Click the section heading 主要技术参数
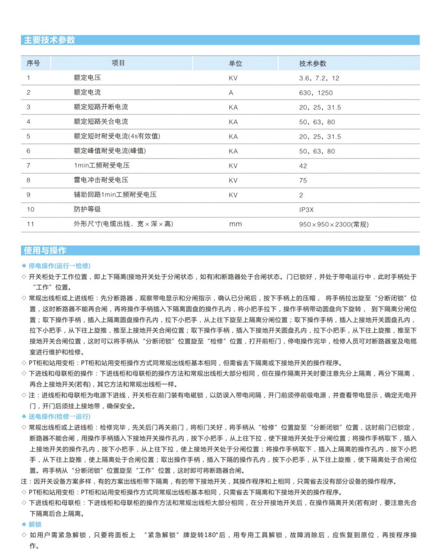(x=49, y=40)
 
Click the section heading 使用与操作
(x=45, y=250)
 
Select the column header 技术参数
(x=312, y=63)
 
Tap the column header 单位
(x=235, y=63)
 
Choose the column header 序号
(x=33, y=63)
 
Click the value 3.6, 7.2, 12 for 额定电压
(x=319, y=78)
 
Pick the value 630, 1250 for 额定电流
(x=316, y=93)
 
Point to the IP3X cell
(x=306, y=209)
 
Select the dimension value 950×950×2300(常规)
(x=333, y=224)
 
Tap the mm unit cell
(x=235, y=224)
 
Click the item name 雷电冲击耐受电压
(x=101, y=180)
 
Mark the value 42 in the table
(x=303, y=166)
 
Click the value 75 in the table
(x=303, y=180)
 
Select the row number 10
(x=31, y=209)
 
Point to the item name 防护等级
(x=87, y=209)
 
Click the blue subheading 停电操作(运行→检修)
(x=59, y=266)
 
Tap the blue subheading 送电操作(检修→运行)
(x=59, y=416)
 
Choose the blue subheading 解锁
(x=35, y=524)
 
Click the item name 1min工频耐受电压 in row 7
(x=101, y=165)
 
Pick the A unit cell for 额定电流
(x=231, y=93)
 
